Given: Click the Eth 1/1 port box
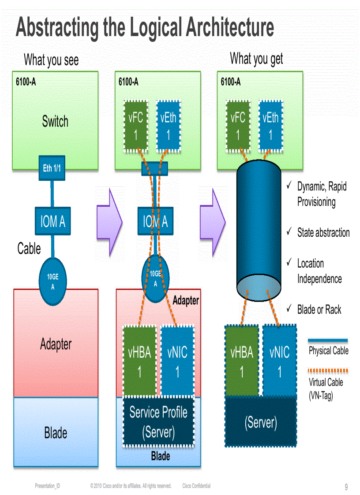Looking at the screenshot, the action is (52, 168).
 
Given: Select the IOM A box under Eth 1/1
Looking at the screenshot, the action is (52, 222).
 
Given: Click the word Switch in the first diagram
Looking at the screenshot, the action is (55, 121).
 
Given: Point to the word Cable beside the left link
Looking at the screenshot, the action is (29, 249).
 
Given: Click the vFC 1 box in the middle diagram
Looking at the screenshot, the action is (135, 126).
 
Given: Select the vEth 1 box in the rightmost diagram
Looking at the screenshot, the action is (270, 126).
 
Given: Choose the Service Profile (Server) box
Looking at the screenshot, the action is (158, 422).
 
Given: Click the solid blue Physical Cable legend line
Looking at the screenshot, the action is (328, 340).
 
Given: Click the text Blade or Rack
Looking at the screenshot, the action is (319, 309).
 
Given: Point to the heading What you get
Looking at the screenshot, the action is (256, 59).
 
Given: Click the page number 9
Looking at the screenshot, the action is (346, 487).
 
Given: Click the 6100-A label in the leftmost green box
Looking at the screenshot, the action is (26, 82).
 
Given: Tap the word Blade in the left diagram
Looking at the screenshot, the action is (56, 433).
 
